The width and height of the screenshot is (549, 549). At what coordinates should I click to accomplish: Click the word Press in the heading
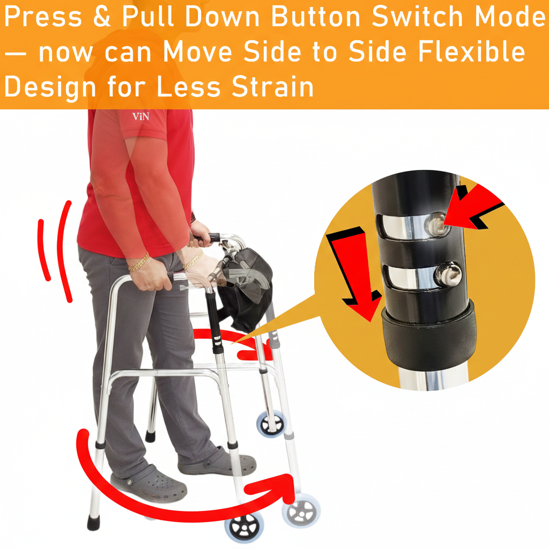(x=43, y=18)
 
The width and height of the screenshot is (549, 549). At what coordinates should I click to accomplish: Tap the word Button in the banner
(x=316, y=18)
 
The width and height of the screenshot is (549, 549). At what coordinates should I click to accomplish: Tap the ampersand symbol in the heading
(x=101, y=18)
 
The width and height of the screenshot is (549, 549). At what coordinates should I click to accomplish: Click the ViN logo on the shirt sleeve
(x=140, y=116)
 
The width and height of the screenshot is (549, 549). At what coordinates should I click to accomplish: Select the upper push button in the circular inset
(x=435, y=224)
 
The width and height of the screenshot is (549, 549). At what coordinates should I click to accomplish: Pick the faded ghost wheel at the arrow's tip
(x=301, y=511)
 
